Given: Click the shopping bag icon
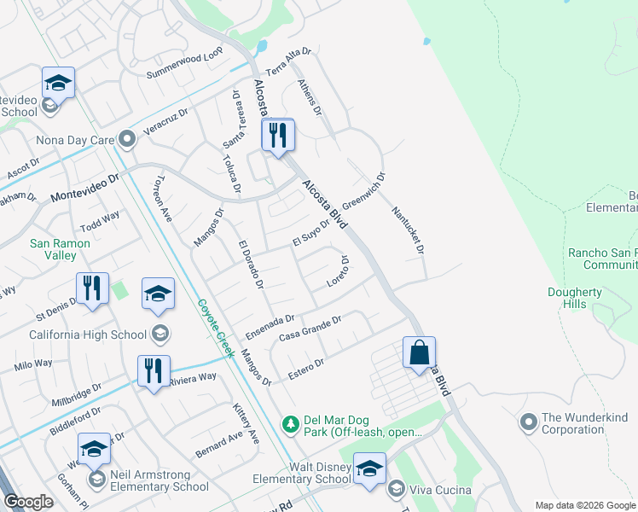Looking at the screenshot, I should click(x=419, y=353).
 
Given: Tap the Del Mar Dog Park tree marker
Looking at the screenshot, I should click(x=291, y=423).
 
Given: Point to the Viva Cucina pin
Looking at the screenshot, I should click(x=395, y=489).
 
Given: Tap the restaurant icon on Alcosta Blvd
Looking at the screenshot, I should click(x=278, y=136).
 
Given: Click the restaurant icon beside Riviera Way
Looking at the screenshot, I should click(x=154, y=372).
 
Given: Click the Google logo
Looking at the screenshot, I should click(x=27, y=502).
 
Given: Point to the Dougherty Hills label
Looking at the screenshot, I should click(x=576, y=299).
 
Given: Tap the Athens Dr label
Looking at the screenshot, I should click(x=310, y=97).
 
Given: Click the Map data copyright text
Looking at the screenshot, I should click(x=584, y=505).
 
